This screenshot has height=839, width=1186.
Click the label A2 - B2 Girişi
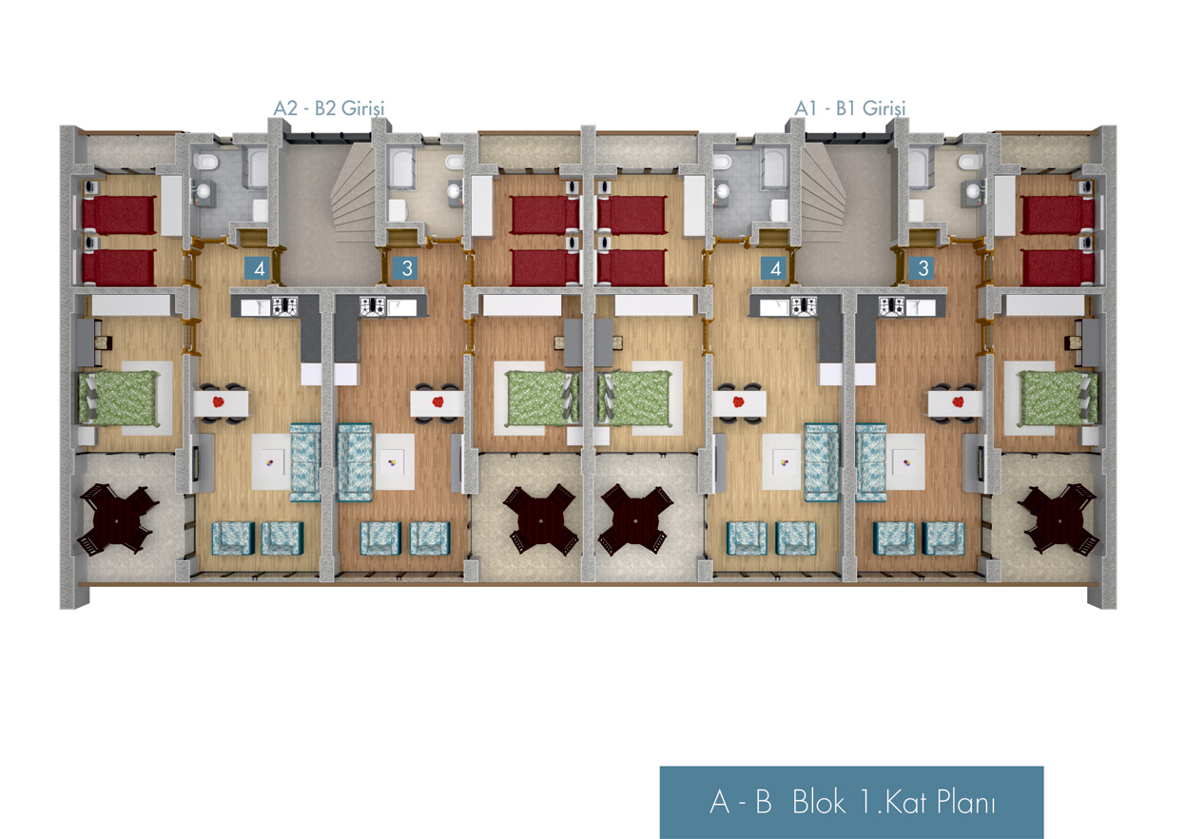[328, 108]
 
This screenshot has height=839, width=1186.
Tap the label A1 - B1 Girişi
[850, 108]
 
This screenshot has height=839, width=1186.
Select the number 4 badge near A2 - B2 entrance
[257, 268]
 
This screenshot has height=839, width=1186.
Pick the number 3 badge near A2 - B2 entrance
[407, 268]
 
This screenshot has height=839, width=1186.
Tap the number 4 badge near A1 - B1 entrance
[775, 268]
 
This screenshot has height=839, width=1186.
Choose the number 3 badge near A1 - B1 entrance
[924, 268]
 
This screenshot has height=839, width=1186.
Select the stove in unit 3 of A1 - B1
[891, 306]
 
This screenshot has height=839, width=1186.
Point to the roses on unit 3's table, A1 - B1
[954, 400]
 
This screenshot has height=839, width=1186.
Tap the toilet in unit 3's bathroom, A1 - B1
[968, 166]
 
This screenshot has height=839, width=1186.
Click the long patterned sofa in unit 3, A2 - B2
[355, 461]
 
